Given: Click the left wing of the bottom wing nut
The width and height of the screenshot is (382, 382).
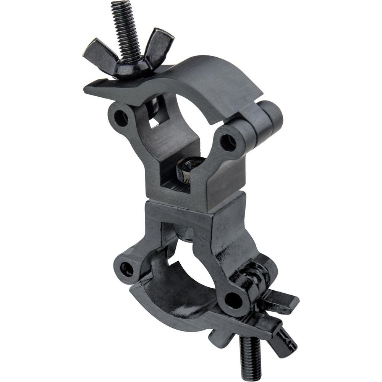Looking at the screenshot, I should [x=222, y=336].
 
